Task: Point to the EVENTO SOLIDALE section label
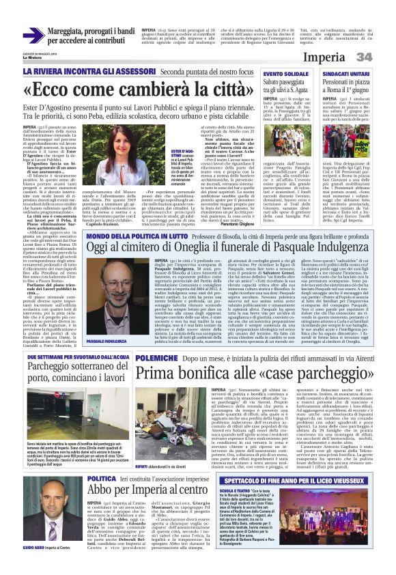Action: point(287,73)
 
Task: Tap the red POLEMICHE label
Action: point(158,376)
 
